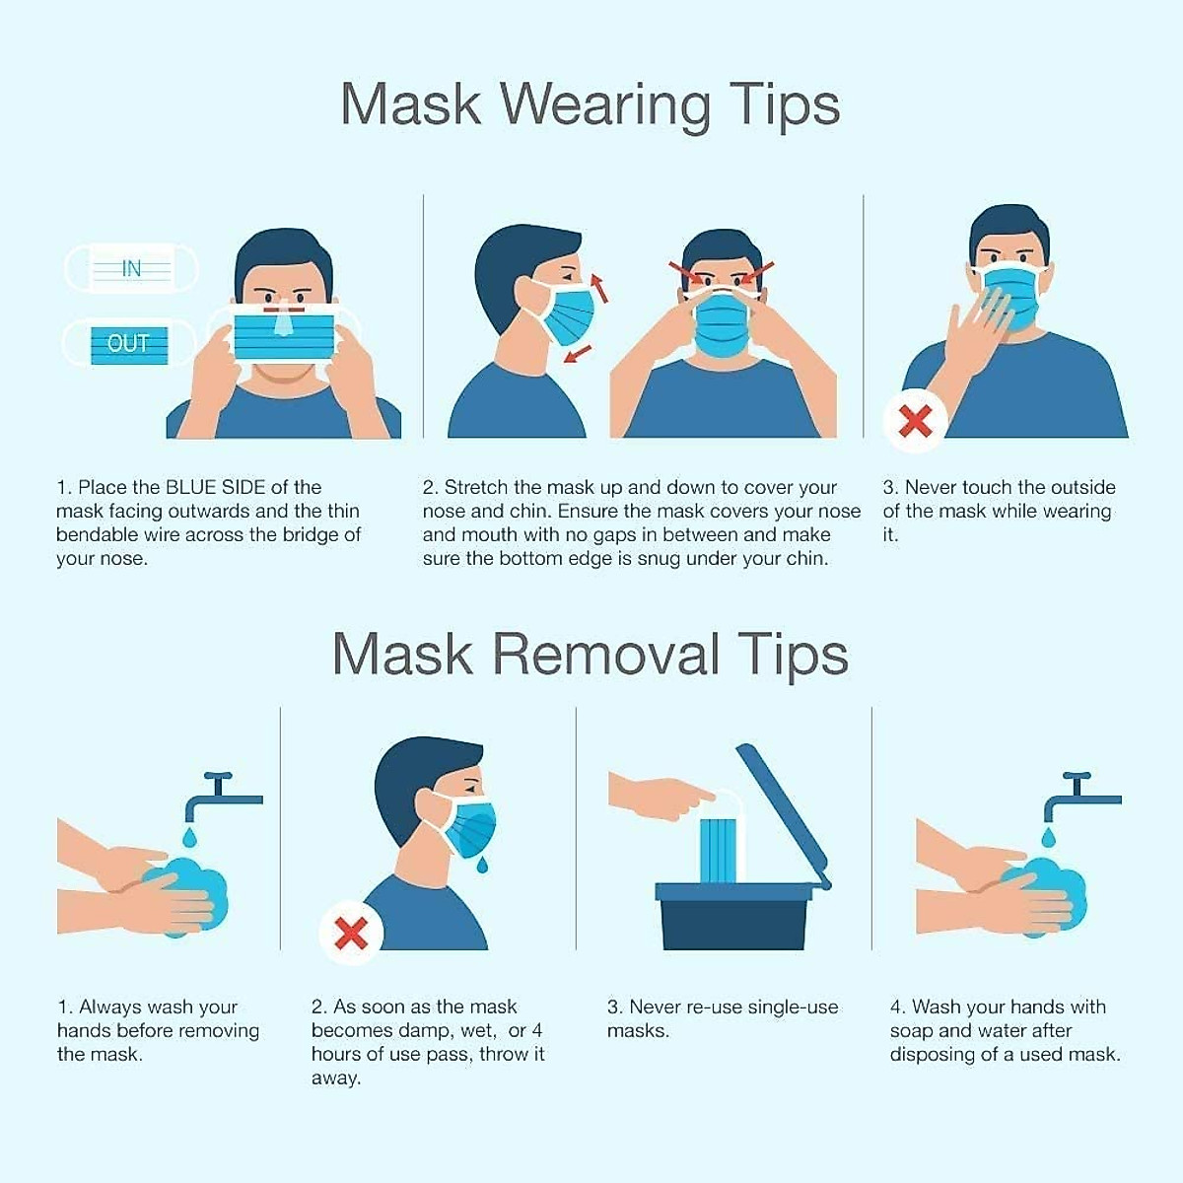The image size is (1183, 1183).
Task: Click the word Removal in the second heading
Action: coord(605,655)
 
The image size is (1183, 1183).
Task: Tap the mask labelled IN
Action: coord(131,268)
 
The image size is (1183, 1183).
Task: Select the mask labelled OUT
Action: coord(129,344)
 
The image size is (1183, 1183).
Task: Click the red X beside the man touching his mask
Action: coord(916,422)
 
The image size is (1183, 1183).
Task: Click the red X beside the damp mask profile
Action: coord(351,933)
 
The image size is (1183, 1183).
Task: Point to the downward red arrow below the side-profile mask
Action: coord(579,352)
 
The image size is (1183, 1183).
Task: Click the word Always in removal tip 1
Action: coord(110,1008)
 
